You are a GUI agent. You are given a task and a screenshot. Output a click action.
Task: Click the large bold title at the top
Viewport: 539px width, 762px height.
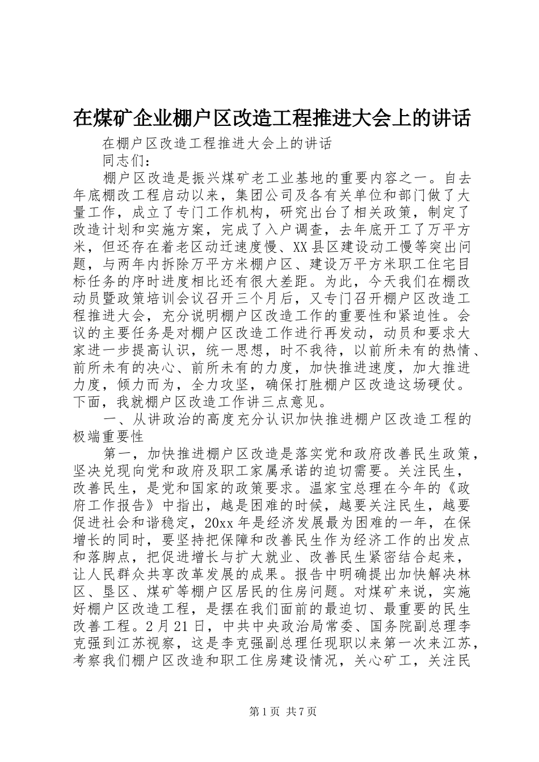pos(272,118)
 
